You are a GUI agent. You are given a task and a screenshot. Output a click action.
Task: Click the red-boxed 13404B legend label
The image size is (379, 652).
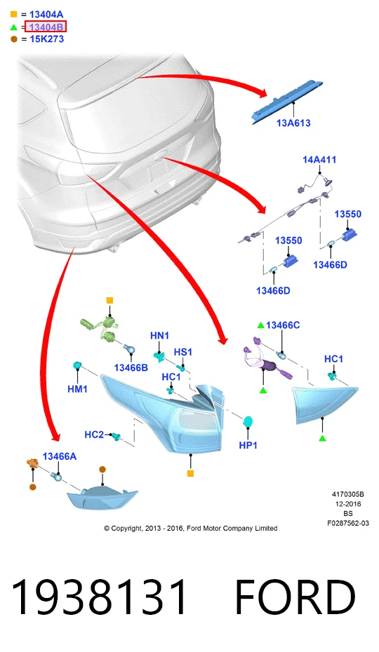[46, 27]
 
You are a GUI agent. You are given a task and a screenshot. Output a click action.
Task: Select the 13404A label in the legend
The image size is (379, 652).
[46, 15]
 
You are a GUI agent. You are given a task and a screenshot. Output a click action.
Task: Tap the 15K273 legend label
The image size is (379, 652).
[46, 39]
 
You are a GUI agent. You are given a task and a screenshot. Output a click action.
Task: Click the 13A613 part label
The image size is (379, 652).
[293, 123]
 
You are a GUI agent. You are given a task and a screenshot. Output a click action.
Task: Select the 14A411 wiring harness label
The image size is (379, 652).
[319, 160]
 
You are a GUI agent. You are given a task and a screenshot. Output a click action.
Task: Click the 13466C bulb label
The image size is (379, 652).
[283, 325]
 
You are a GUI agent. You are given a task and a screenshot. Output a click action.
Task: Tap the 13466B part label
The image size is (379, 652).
[131, 367]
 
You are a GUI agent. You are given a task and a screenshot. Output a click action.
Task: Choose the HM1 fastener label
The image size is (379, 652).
[77, 389]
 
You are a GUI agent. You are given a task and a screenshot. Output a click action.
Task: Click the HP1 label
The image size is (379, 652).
[248, 445]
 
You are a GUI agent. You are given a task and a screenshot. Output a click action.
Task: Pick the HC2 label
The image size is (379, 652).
[94, 435]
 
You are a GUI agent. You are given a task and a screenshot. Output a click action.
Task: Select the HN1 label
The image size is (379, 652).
[159, 336]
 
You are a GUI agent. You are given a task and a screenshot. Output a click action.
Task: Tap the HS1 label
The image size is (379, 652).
[183, 352]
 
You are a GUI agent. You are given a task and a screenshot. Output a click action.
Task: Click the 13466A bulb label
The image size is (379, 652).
[60, 456]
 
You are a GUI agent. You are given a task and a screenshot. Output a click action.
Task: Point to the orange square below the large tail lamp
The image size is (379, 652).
[191, 473]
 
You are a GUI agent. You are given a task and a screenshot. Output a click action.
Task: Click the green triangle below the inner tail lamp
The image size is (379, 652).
[322, 438]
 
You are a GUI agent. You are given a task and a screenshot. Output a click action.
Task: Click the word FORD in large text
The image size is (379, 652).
[295, 597]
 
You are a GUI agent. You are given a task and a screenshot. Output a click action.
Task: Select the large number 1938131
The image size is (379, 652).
[99, 597]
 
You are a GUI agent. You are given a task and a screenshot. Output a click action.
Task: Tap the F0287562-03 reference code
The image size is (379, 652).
[348, 523]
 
